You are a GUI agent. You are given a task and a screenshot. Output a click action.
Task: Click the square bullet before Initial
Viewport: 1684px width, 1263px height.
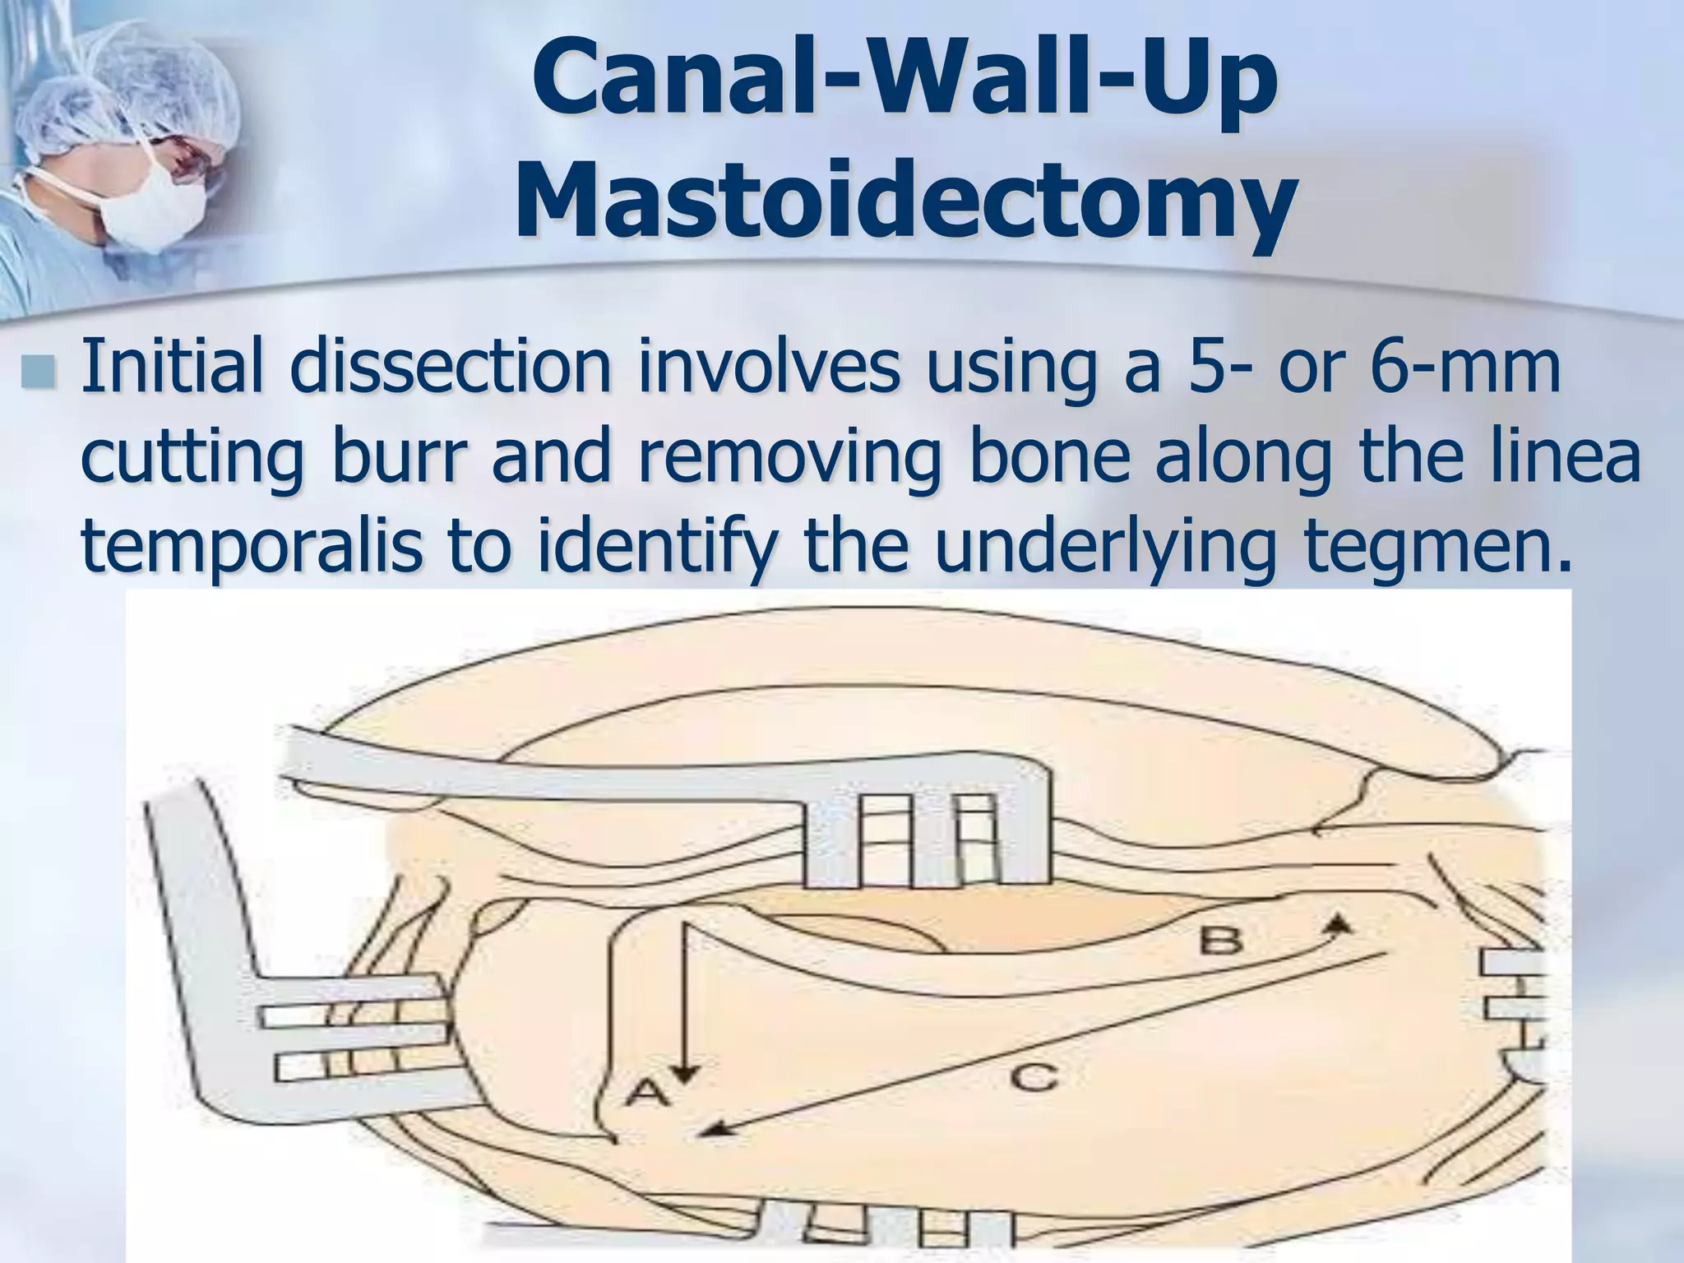40,372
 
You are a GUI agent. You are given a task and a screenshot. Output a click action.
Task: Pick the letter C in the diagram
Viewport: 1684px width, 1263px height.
1034,1076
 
